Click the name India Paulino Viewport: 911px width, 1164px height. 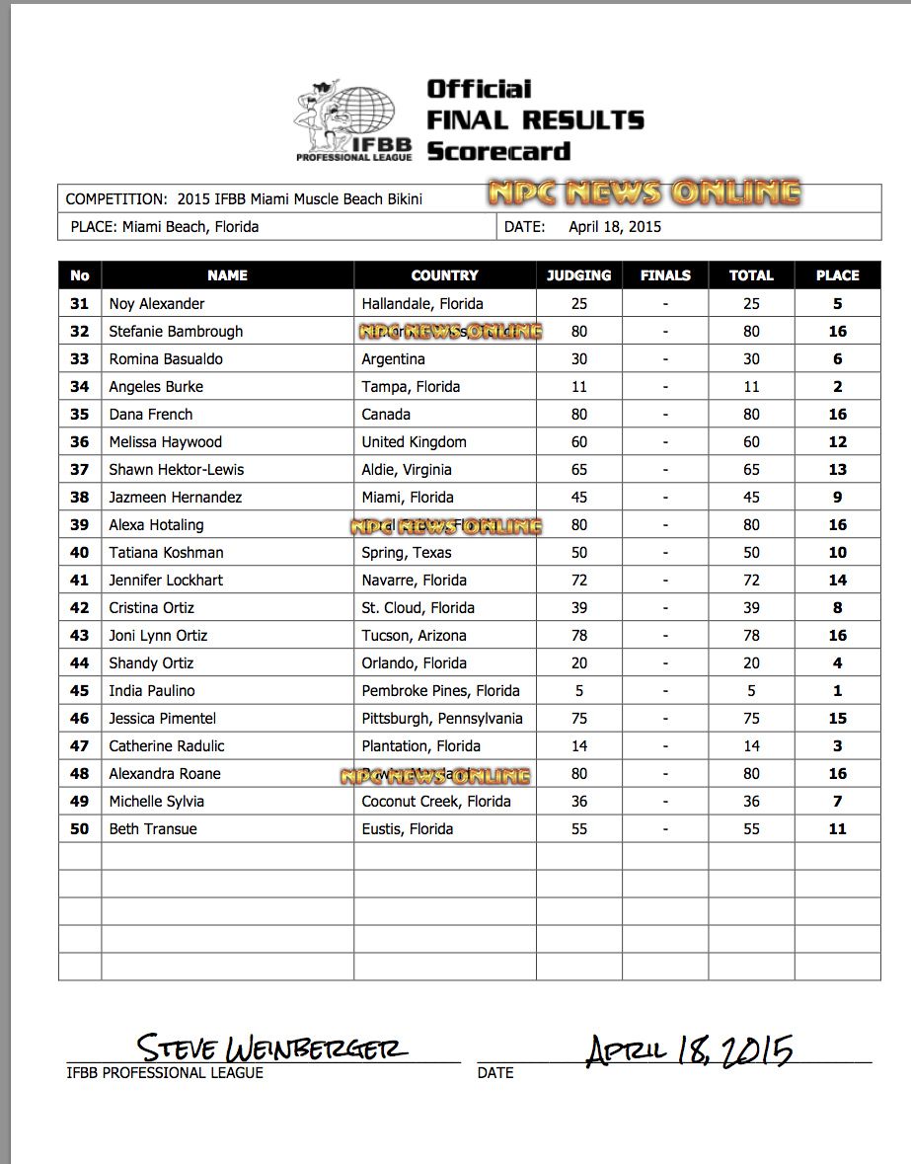coord(152,691)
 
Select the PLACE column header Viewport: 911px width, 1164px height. coord(837,275)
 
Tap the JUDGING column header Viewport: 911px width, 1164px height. coord(578,275)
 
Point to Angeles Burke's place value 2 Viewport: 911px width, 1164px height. coord(837,387)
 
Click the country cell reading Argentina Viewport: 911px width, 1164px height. coord(393,359)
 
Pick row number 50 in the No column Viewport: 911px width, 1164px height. coord(80,829)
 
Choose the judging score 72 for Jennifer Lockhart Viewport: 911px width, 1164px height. coord(578,581)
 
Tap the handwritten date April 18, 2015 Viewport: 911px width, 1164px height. coord(690,1050)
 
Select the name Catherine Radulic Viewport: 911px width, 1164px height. coord(167,746)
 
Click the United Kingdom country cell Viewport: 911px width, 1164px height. coord(414,442)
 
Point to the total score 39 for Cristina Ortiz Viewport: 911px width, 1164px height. coord(751,608)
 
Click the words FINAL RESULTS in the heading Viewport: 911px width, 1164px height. coord(535,120)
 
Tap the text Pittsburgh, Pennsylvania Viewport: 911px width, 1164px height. coord(442,719)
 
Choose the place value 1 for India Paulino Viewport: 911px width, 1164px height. coord(837,691)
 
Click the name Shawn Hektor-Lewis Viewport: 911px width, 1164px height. coord(177,470)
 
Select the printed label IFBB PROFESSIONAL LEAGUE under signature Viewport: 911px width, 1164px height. coord(165,1072)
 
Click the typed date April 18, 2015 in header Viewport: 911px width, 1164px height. coord(615,227)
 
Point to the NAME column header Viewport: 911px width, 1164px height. coord(227,275)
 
